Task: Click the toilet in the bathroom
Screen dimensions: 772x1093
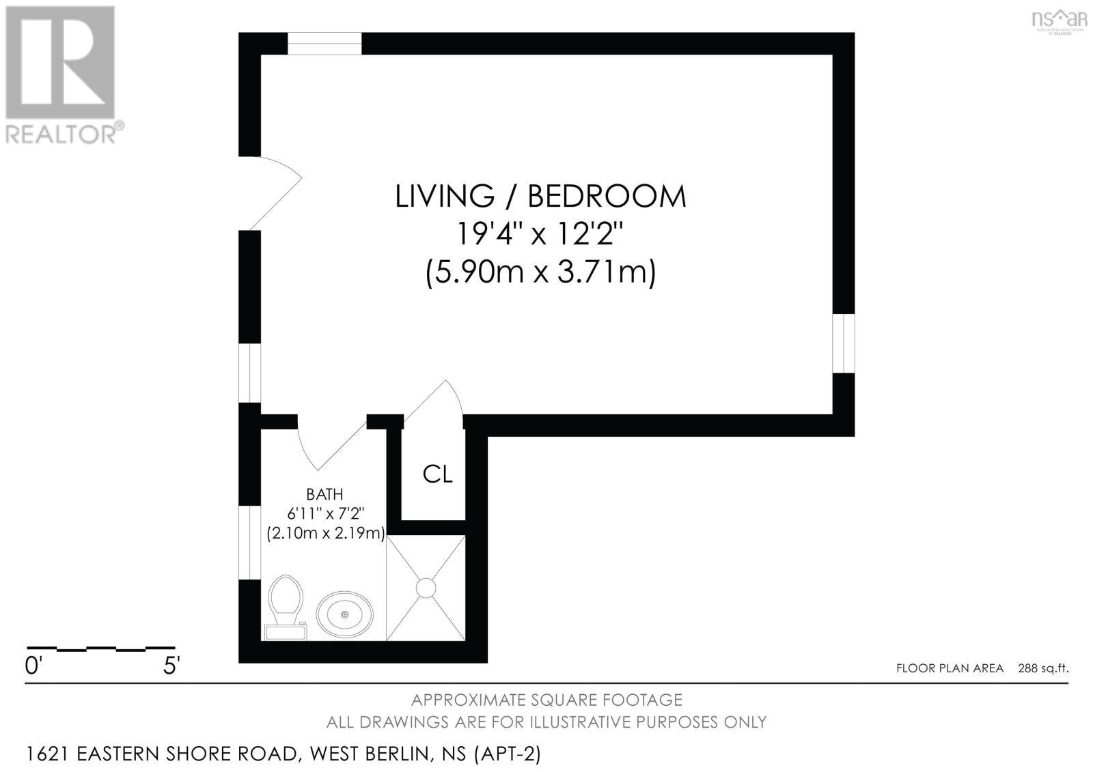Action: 286,603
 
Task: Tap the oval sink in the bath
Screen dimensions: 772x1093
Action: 345,614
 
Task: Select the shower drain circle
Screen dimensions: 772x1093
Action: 426,588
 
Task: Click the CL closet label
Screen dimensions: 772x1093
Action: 437,474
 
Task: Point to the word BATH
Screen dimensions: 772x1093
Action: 324,494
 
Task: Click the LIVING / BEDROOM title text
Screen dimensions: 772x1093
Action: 540,197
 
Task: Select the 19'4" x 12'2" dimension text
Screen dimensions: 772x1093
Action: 540,235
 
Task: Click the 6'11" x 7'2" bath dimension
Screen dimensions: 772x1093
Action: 324,513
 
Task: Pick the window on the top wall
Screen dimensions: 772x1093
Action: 324,43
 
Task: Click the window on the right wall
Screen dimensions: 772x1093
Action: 844,343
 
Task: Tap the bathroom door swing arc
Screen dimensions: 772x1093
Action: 328,444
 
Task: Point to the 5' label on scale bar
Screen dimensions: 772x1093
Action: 171,666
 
